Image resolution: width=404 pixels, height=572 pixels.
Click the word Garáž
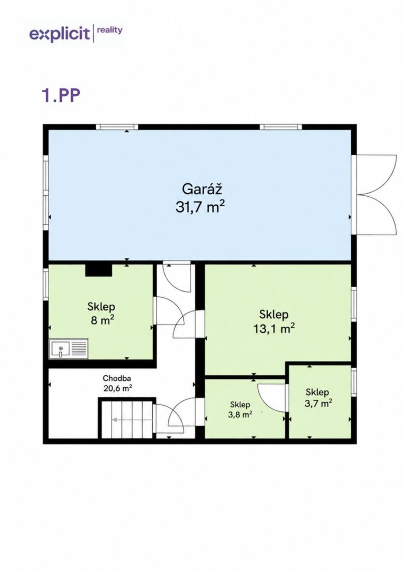(x=202, y=189)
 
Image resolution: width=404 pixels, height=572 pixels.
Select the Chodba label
(x=117, y=378)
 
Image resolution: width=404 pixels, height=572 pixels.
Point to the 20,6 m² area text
(x=117, y=388)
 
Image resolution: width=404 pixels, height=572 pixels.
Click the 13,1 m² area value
(x=274, y=328)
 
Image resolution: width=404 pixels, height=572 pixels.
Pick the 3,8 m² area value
(x=240, y=415)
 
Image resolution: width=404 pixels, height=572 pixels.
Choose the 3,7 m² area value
(x=318, y=403)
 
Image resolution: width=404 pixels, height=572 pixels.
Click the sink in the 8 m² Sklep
(x=68, y=349)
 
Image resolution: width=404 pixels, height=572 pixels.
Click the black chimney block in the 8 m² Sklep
(x=98, y=270)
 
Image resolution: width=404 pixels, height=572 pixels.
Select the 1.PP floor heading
(x=61, y=95)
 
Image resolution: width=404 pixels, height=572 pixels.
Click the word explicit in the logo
(x=59, y=34)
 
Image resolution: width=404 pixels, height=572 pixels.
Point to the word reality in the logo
(x=110, y=31)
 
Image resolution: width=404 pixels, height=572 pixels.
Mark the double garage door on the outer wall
(x=376, y=195)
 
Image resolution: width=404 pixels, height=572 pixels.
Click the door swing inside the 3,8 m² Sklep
(x=271, y=398)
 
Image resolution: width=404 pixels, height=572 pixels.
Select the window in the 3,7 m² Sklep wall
(x=353, y=382)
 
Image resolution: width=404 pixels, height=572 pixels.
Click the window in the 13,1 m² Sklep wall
(x=353, y=304)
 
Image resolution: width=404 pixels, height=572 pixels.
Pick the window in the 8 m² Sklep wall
(x=46, y=284)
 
